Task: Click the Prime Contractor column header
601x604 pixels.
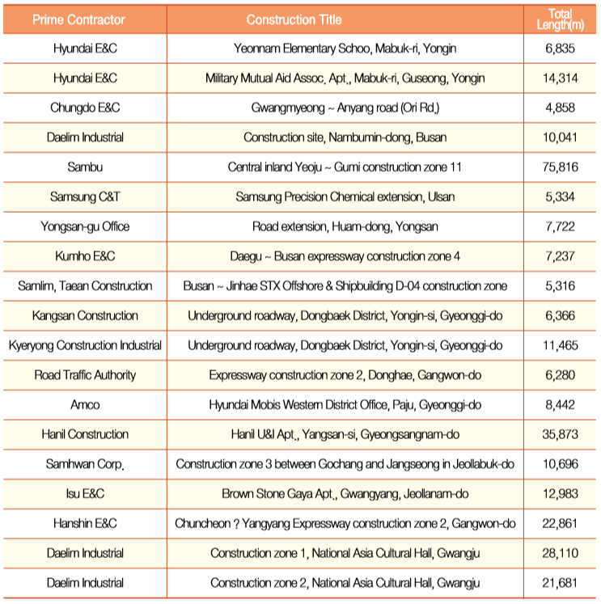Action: pos(85,19)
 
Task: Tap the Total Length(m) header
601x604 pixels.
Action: pos(560,19)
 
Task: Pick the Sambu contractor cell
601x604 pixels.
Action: pos(85,167)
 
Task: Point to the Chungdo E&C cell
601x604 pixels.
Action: pos(85,108)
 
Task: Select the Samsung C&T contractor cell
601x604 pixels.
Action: pos(85,196)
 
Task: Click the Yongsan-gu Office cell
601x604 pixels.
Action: pos(85,226)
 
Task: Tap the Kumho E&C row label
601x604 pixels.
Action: pos(85,256)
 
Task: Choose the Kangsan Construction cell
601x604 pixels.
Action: pos(85,315)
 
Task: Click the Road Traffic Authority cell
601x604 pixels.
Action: pos(85,374)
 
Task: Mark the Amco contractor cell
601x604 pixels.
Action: pos(85,404)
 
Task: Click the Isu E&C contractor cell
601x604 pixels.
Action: pos(85,493)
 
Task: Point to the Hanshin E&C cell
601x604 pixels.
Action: pos(85,523)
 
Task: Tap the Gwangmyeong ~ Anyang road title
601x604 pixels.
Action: pos(345,108)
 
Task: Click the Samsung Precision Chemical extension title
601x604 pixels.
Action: pos(345,196)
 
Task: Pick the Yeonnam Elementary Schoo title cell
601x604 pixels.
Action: pos(345,49)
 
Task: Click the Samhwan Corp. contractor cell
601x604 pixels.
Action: pos(85,464)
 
